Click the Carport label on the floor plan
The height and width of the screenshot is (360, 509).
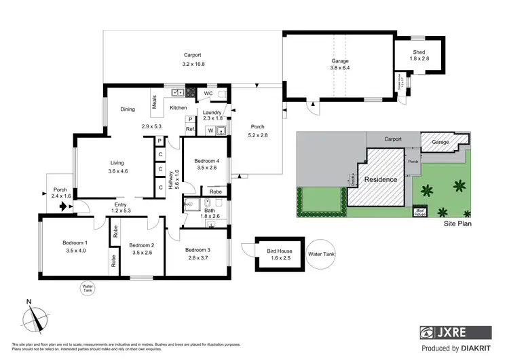[193, 56]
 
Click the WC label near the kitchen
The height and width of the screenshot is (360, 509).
[209, 94]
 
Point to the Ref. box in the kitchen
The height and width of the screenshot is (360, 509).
[191, 129]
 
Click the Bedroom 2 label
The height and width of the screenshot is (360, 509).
[143, 245]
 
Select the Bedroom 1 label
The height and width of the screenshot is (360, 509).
[75, 242]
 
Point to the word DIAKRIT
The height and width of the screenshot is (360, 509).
[476, 348]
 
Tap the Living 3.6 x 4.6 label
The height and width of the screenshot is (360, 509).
[117, 166]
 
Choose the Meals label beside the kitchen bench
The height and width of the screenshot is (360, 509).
[155, 101]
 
